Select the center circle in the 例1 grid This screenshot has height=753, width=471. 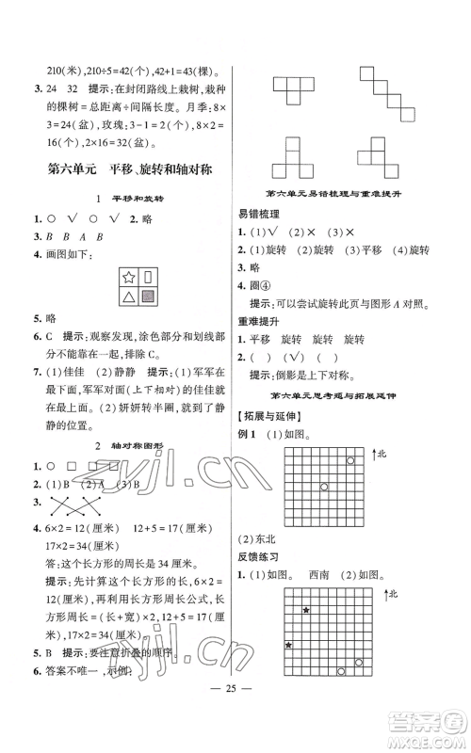coord(323,487)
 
